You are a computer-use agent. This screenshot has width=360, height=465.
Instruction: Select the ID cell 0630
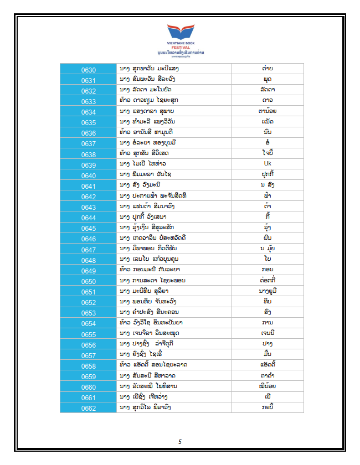tap(89, 70)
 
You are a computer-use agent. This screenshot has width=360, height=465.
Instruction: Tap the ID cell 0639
tap(89, 165)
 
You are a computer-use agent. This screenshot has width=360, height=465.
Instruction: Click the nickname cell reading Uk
tap(268, 164)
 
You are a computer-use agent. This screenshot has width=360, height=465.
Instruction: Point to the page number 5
tap(180, 441)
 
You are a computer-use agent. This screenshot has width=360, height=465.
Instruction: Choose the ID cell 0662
tap(89, 409)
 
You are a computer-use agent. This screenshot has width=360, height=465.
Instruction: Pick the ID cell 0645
tap(89, 229)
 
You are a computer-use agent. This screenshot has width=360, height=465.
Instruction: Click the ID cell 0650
tap(89, 281)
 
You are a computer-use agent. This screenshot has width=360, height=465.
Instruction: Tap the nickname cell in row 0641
tap(268, 185)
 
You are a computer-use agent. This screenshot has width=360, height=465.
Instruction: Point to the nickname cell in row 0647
tap(268, 249)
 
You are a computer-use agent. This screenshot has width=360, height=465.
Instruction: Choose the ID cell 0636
tap(89, 133)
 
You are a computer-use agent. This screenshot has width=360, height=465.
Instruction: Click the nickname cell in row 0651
tap(268, 292)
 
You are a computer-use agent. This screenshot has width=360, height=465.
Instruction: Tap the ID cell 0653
tap(89, 313)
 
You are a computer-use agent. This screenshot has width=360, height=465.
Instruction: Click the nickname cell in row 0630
tap(268, 69)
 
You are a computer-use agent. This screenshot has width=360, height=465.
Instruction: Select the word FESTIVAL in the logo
tap(181, 48)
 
